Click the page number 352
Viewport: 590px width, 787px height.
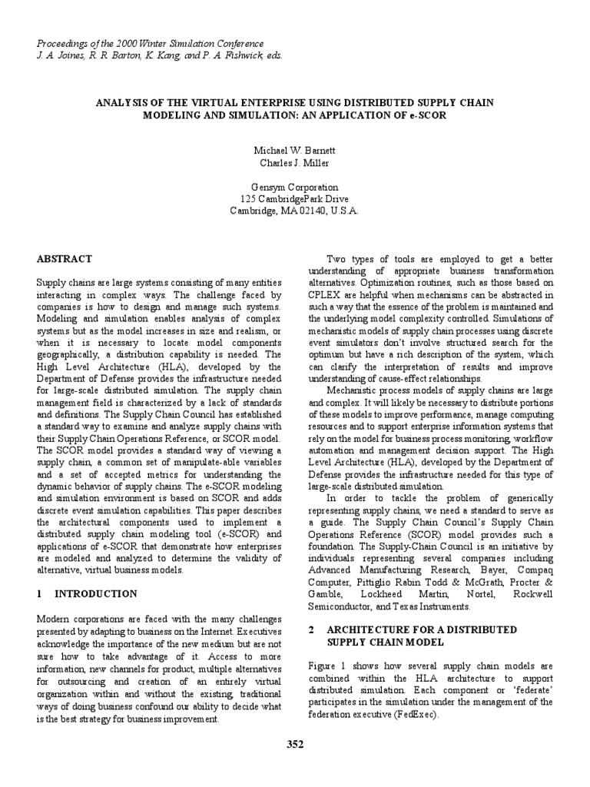[295, 744]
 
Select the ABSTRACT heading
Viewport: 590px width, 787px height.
[65, 259]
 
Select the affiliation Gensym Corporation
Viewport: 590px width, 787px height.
[295, 187]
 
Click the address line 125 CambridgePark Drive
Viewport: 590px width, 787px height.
[295, 199]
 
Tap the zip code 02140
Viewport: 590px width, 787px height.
[314, 211]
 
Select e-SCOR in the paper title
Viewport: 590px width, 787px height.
[426, 115]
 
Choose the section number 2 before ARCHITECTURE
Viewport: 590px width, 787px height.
[312, 628]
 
